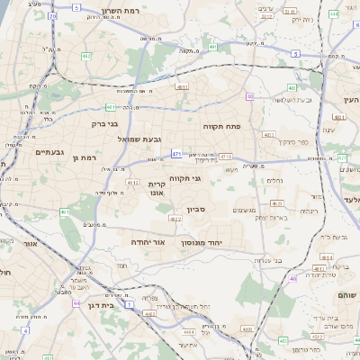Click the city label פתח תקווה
pos(219,127)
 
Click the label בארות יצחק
pos(272,217)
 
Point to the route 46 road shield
pos(292,280)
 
